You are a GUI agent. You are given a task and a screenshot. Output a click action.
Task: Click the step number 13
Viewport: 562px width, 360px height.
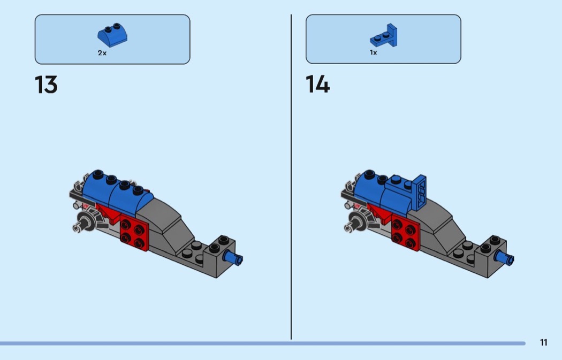pos(46,85)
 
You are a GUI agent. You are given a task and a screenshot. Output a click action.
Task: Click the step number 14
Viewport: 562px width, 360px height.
pos(317,85)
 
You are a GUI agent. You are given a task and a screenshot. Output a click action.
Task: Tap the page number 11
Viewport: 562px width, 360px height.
pos(543,343)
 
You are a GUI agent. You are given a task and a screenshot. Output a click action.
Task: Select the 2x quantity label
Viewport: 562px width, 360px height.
pos(102,53)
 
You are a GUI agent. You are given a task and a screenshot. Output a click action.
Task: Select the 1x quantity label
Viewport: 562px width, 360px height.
pos(373,53)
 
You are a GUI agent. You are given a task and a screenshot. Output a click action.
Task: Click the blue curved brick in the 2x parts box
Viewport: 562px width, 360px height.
pos(112,36)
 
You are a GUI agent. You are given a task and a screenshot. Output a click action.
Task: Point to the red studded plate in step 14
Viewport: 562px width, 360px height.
pos(405,231)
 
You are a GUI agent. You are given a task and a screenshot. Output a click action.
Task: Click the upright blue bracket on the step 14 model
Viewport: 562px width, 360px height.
pos(420,190)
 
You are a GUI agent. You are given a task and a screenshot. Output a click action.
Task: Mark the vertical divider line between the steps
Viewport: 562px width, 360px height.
pos(291,177)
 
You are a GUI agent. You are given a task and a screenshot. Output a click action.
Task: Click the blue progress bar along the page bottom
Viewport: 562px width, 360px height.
pos(262,343)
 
